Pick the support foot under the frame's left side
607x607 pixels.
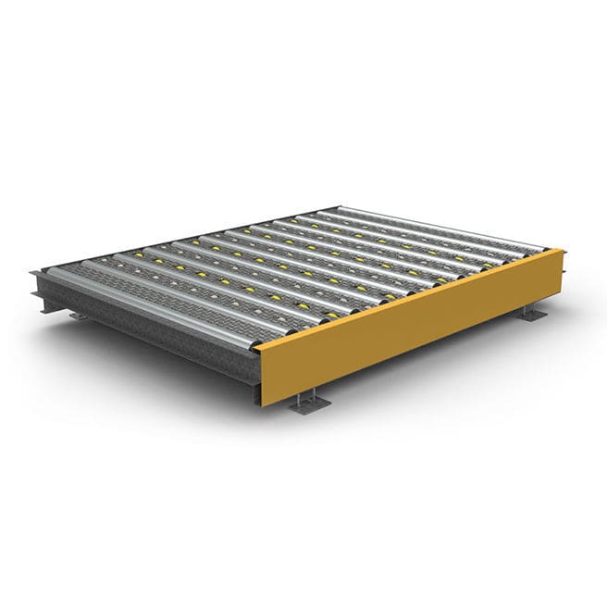tap(79, 316)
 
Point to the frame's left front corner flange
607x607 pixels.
tap(37, 278)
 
